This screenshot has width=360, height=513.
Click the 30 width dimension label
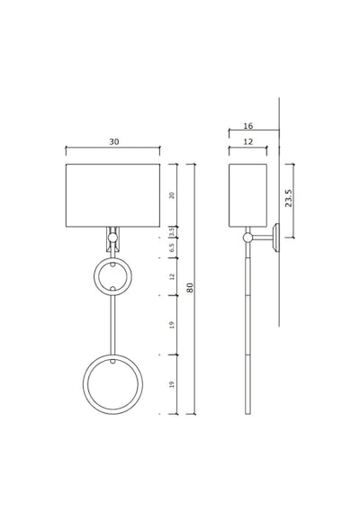tap(114, 141)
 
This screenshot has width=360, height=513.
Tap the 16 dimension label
tap(248, 126)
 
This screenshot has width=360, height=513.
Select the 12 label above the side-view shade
tap(248, 141)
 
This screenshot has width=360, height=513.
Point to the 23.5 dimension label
tap(288, 198)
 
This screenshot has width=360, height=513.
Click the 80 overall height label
tap(190, 288)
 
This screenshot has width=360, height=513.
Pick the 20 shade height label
tap(172, 195)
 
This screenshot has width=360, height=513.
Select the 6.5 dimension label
tap(172, 247)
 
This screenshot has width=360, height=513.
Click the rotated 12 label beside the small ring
tap(172, 277)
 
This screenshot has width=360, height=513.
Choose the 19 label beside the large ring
tap(172, 384)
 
